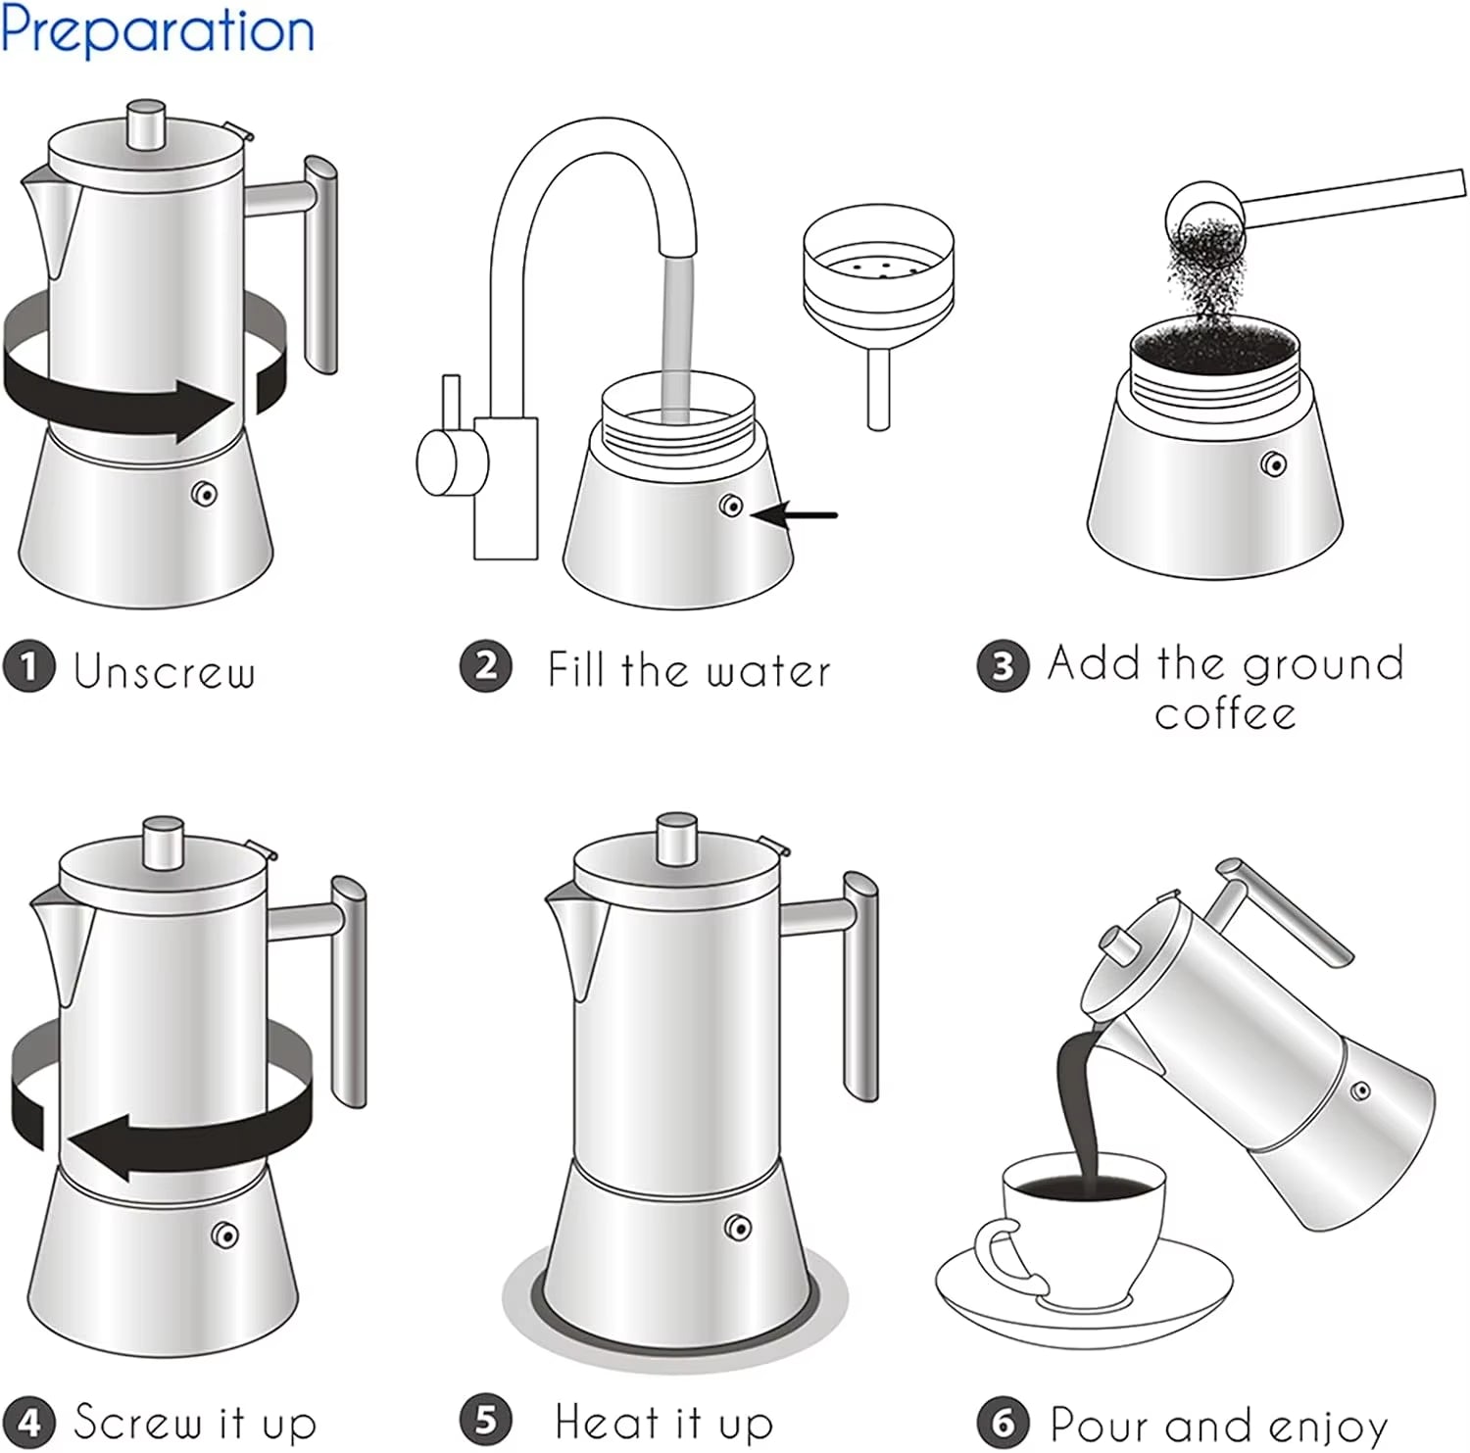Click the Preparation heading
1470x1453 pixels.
(x=157, y=31)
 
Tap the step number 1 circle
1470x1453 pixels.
(x=28, y=667)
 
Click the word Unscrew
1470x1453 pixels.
(x=165, y=671)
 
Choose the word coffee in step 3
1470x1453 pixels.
(x=1225, y=713)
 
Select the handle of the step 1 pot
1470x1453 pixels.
(x=321, y=265)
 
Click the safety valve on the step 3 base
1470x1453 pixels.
(x=1273, y=463)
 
